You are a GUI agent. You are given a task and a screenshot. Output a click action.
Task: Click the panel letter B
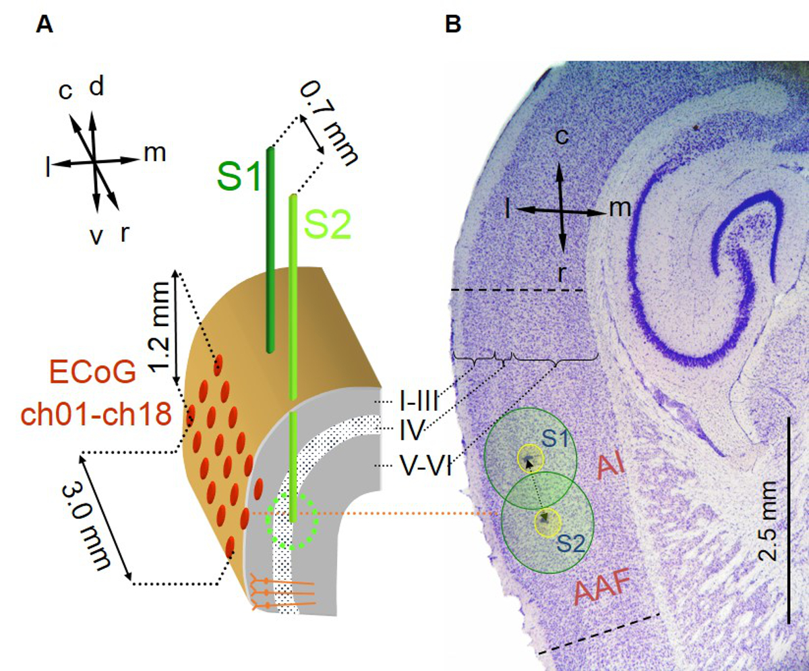454,25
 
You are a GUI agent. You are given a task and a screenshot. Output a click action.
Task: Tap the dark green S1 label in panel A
238,177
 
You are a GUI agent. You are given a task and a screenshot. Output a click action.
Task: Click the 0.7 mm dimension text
329,121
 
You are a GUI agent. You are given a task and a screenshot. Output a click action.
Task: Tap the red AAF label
602,592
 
